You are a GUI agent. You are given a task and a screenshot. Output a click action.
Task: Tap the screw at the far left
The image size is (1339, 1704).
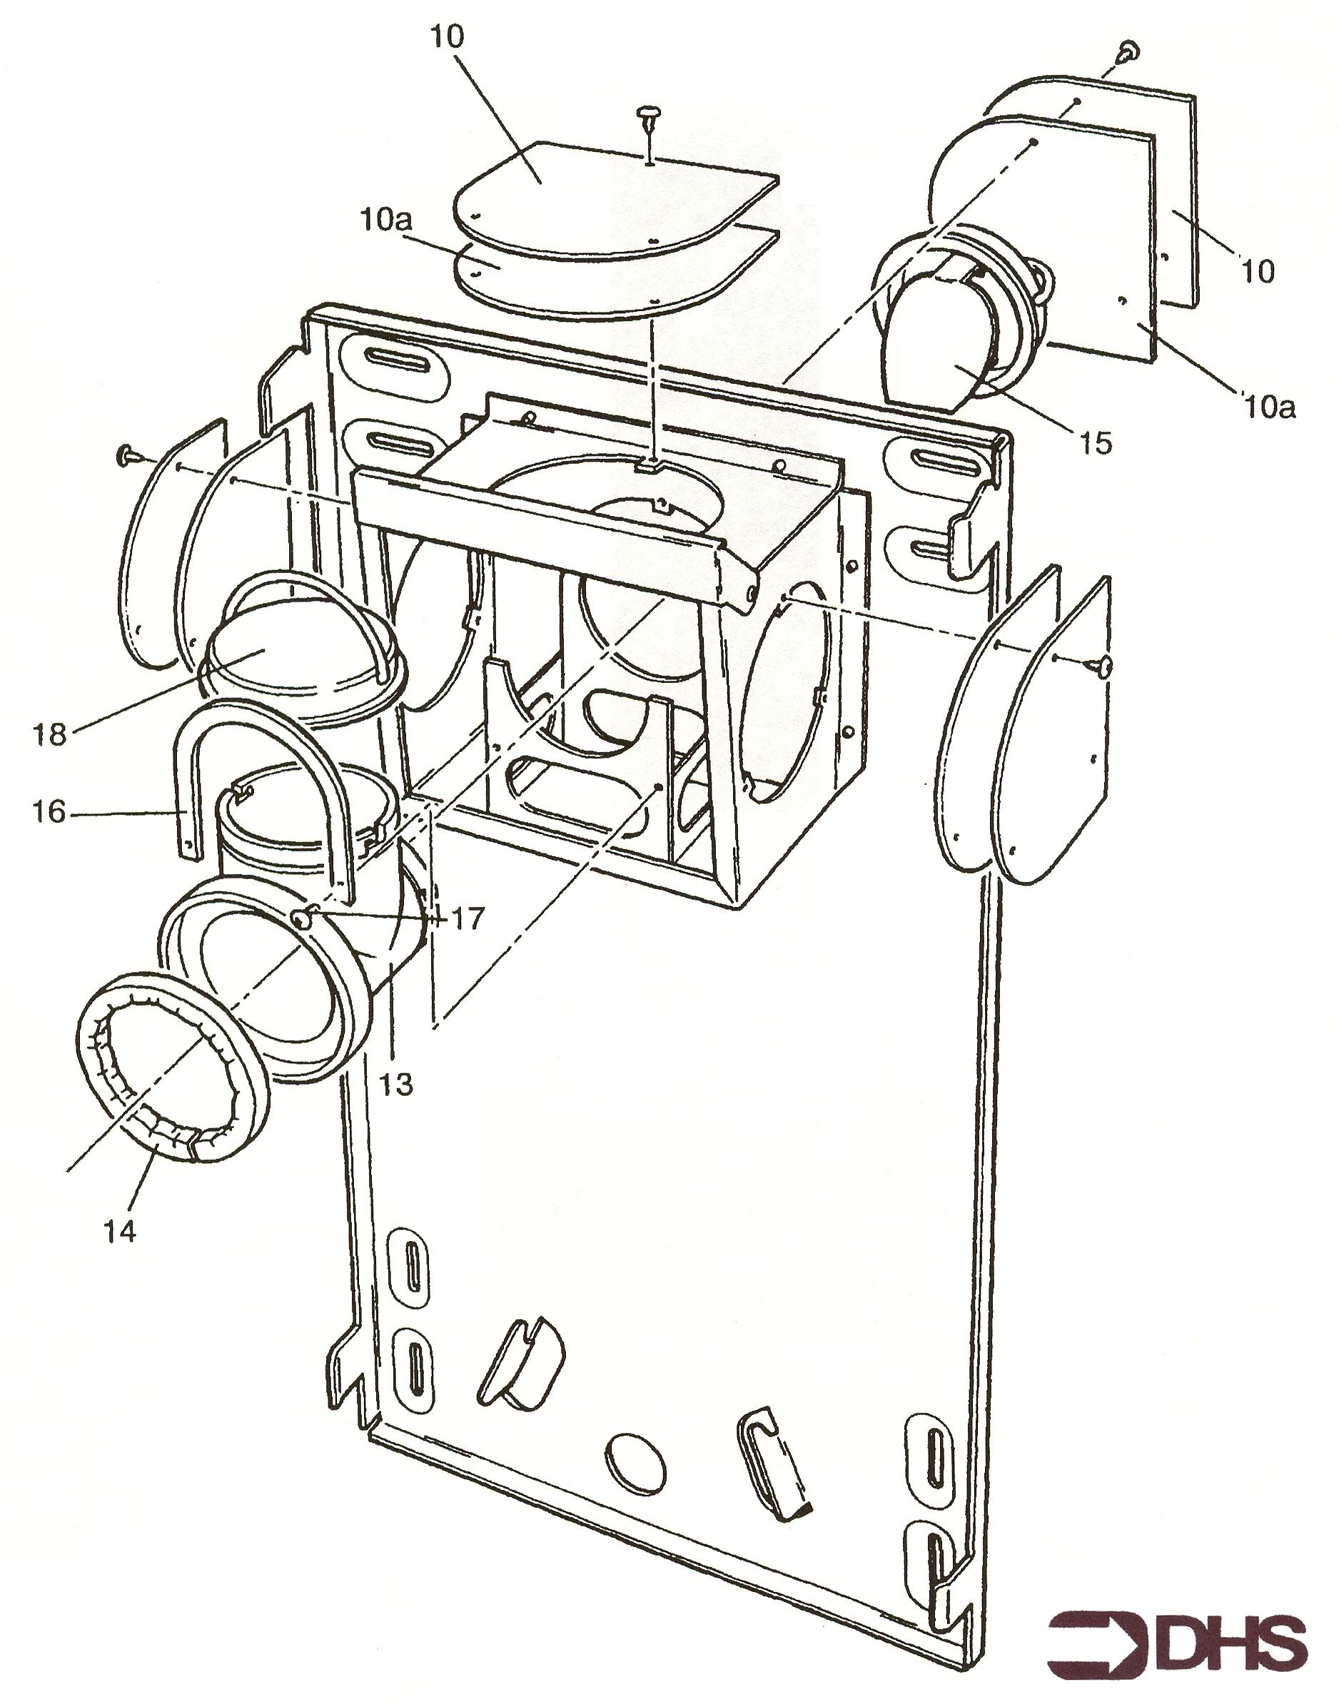[126, 454]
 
